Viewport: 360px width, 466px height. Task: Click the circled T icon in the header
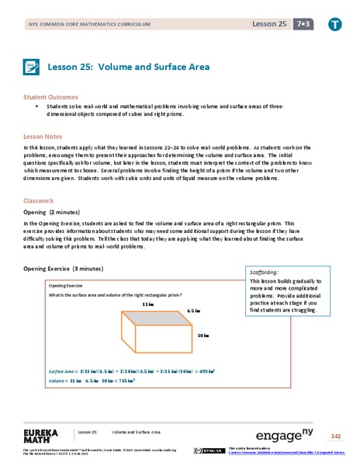334,25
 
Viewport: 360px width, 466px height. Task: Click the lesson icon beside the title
33,68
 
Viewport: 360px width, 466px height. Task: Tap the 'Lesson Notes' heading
45,136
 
